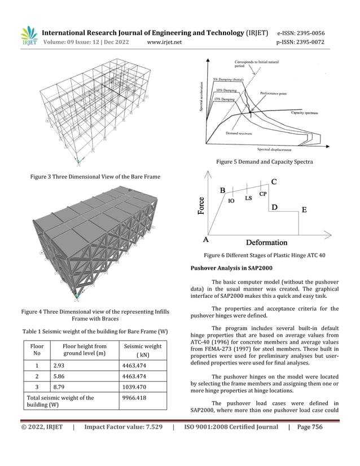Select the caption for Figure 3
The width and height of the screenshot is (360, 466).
click(x=94, y=177)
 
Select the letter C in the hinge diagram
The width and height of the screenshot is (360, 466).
click(x=274, y=182)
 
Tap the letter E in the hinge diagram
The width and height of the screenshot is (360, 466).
click(x=304, y=210)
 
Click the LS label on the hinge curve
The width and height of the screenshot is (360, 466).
click(x=248, y=199)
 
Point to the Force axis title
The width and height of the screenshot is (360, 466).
click(x=201, y=205)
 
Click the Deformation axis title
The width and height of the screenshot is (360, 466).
click(x=266, y=243)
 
